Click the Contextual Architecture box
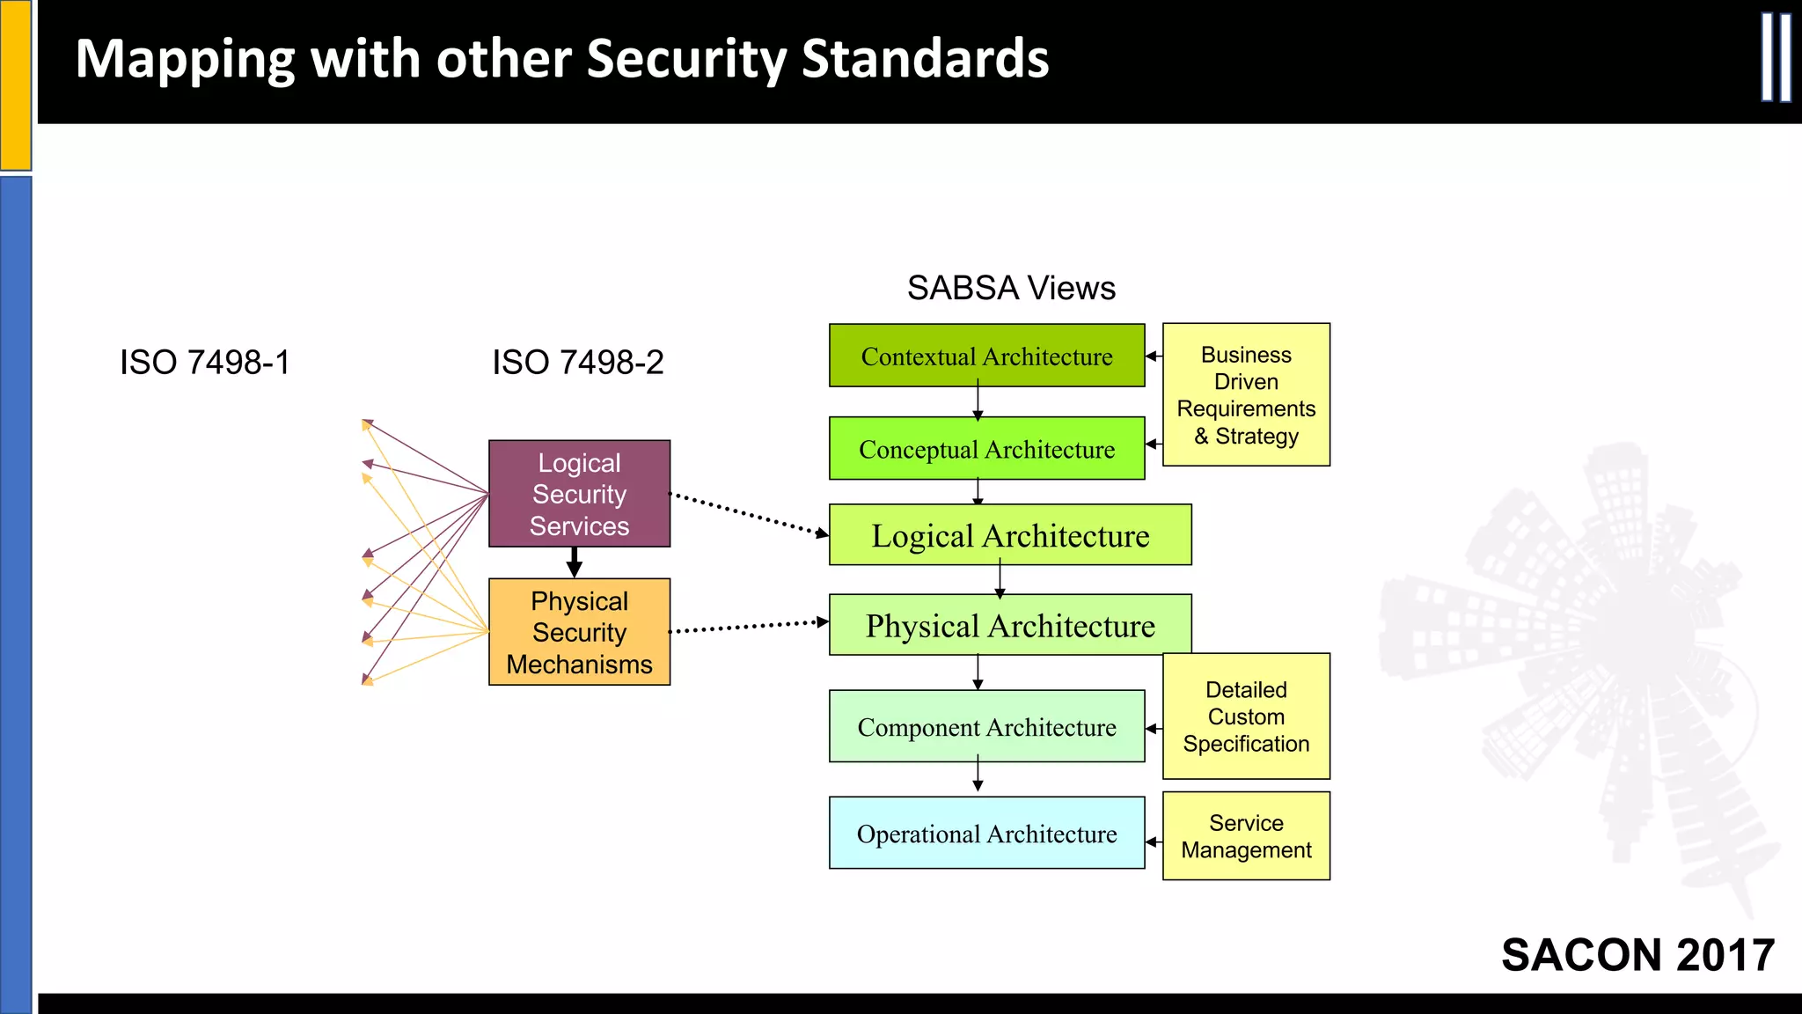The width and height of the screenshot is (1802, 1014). [986, 356]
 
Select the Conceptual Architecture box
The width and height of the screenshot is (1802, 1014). [986, 448]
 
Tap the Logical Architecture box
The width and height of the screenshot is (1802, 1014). [1010, 534]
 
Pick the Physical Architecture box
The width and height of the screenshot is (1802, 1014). [1010, 625]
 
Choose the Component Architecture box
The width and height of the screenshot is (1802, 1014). [986, 726]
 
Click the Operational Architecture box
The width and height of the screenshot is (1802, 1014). [986, 833]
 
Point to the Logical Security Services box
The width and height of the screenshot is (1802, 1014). [579, 494]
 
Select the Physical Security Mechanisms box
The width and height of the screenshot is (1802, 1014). [579, 632]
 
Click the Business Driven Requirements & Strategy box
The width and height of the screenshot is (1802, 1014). [1246, 394]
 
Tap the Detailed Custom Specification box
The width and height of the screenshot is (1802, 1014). [1246, 716]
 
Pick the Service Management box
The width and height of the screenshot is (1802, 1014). [1246, 835]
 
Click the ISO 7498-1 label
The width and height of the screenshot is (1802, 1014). [205, 362]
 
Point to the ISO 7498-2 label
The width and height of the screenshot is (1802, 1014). [578, 362]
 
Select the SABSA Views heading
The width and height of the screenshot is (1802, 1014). [1011, 288]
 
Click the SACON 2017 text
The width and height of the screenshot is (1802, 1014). [1637, 954]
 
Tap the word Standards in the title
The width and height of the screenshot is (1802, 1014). [925, 59]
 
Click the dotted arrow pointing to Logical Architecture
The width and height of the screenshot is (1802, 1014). [748, 514]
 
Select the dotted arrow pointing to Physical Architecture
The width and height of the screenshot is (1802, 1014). [748, 627]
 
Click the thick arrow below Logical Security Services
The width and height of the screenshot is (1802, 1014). [575, 562]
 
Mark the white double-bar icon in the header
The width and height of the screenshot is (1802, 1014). [1776, 58]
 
